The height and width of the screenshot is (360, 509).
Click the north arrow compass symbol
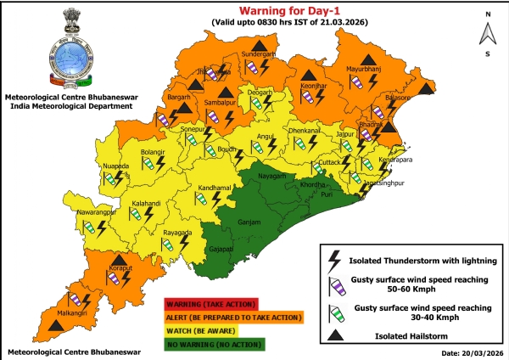click(x=487, y=33)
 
